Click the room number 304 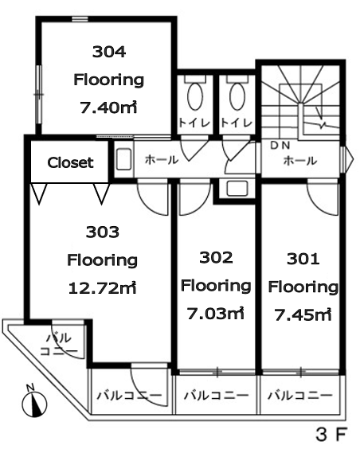point(109,52)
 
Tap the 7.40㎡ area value point(108,107)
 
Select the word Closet point(70,162)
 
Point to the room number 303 point(102,232)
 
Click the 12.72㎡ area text point(102,287)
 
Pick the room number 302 point(216,257)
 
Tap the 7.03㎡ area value point(216,313)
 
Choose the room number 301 point(303,259)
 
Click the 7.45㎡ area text point(303,314)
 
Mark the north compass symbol point(34,404)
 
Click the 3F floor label point(331,435)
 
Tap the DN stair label point(280,146)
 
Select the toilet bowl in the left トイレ point(195,96)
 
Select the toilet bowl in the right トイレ point(237,96)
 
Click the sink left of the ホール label point(124,159)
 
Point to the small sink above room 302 point(237,189)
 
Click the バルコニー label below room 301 point(300,396)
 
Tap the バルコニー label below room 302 point(216,396)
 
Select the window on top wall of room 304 point(80,19)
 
